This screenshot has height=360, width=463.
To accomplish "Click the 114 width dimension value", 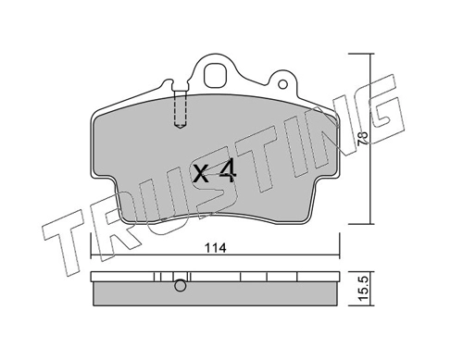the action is pos(216,247).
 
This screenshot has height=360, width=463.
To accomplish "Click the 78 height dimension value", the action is pos(363,139).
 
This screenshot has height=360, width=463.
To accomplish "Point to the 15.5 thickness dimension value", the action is pos(363,289).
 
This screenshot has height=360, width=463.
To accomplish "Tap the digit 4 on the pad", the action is pos(228,172).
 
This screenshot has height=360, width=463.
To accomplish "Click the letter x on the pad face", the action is pos(201,174).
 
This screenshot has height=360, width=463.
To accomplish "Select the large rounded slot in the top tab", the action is pos(215,76).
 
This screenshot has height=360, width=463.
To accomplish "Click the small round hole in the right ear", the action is pos(282,84).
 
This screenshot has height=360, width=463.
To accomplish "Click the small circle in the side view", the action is pos(181,286).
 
